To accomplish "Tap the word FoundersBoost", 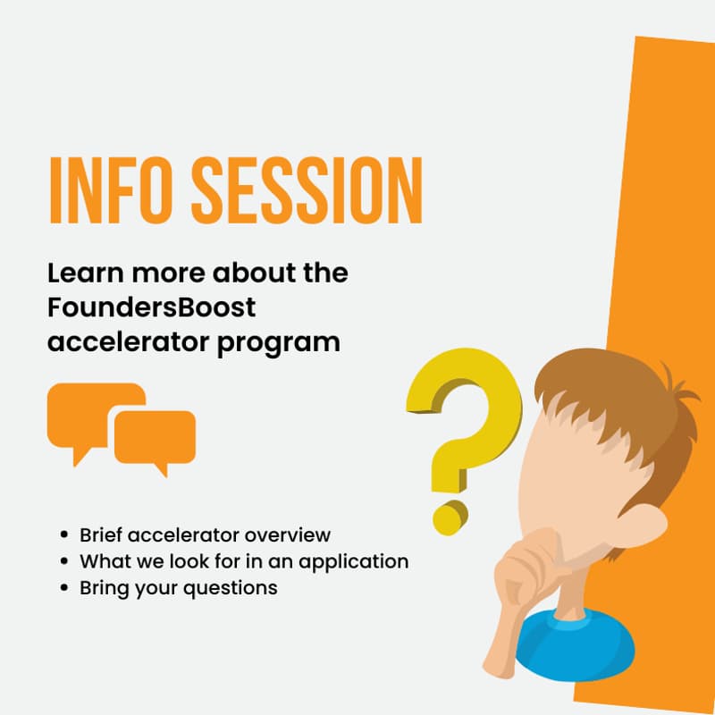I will (152, 307).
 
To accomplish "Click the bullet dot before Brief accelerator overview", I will (63, 535).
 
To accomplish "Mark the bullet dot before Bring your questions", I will (63, 588).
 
